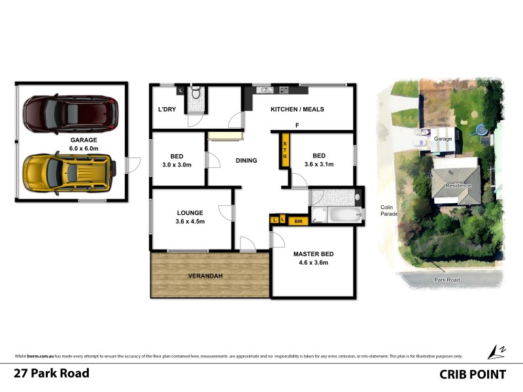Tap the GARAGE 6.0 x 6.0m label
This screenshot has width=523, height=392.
coord(84,144)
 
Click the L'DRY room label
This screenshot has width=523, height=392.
coord(167,109)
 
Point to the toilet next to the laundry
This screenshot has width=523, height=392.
coord(194,96)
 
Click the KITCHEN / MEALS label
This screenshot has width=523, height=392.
coord(297,109)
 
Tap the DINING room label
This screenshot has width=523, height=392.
coord(246,160)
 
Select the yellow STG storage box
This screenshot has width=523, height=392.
coord(285,150)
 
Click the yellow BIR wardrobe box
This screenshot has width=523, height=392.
coord(298,221)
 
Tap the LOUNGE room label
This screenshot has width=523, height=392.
coord(190,217)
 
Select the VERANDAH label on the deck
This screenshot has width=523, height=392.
coord(207,276)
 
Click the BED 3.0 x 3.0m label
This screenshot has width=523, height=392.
coord(177,160)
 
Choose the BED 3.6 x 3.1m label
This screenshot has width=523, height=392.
coord(319,160)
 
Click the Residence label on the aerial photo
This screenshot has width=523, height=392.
coord(458,186)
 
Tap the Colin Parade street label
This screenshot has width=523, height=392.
coord(390,210)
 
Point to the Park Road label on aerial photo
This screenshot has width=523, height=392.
coord(448,280)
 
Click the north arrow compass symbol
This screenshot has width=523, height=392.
coord(498,351)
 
